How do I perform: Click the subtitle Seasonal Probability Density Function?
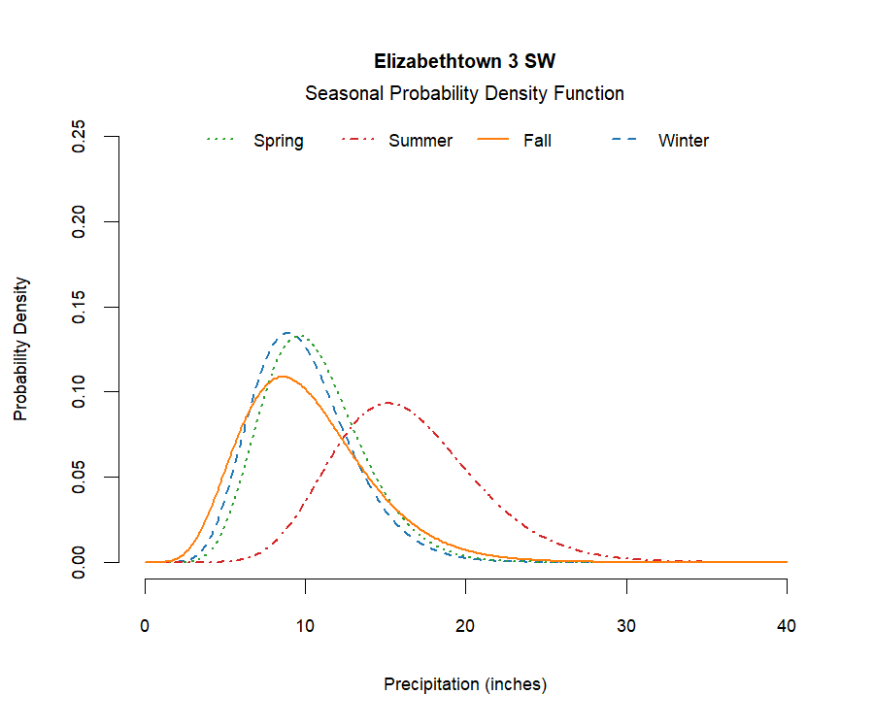coord(464,94)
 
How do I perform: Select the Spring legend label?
coord(279,141)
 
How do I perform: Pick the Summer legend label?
coord(420,141)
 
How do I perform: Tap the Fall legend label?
coord(537,141)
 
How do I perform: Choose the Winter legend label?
coord(684,141)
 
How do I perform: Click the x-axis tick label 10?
coord(306,626)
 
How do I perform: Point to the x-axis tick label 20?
coord(466,626)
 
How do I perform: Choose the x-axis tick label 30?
coord(626,626)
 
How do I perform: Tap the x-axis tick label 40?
coord(787,626)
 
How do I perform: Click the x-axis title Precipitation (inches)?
coord(465,684)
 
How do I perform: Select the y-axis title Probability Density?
coord(20,349)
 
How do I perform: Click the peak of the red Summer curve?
coord(388,402)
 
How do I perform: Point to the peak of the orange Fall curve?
coord(283,376)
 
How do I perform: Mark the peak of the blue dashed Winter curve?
coord(288,333)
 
